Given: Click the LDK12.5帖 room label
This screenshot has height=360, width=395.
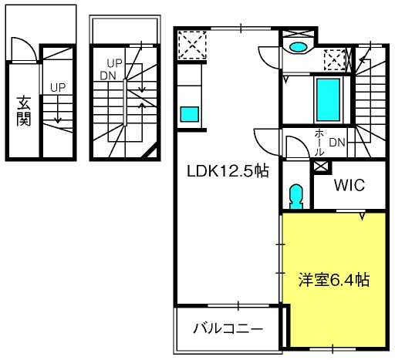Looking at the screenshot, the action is point(228,171).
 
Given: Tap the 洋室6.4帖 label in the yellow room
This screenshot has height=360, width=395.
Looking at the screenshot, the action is point(334,280).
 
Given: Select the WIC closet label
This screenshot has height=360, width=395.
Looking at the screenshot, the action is point(349,185).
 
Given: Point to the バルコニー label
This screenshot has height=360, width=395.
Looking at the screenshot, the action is point(228,328).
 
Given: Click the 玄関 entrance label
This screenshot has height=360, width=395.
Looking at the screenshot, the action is point(23,111).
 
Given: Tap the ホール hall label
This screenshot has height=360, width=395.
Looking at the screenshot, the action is point(319,142).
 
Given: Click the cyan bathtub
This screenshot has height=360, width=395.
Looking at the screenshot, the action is point(328,99).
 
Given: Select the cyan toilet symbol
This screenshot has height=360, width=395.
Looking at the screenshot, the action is point(295,197).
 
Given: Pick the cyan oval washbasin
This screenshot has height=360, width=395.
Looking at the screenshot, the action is point(298,47).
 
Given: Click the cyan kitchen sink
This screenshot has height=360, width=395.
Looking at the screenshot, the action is point(190,114).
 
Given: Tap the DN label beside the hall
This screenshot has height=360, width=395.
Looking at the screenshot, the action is point(337,143).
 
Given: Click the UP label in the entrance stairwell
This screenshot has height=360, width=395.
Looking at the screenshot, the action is point(58,88).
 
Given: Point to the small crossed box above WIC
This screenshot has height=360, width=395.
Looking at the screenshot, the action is point(322,167).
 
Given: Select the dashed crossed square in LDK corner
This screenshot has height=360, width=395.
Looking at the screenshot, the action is point(192,45).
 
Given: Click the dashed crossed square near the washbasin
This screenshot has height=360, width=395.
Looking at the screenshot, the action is point(335,60).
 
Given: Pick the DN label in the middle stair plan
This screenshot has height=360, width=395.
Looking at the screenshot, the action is point(108,76).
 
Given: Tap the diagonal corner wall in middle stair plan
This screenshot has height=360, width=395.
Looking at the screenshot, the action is point(150,151).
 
